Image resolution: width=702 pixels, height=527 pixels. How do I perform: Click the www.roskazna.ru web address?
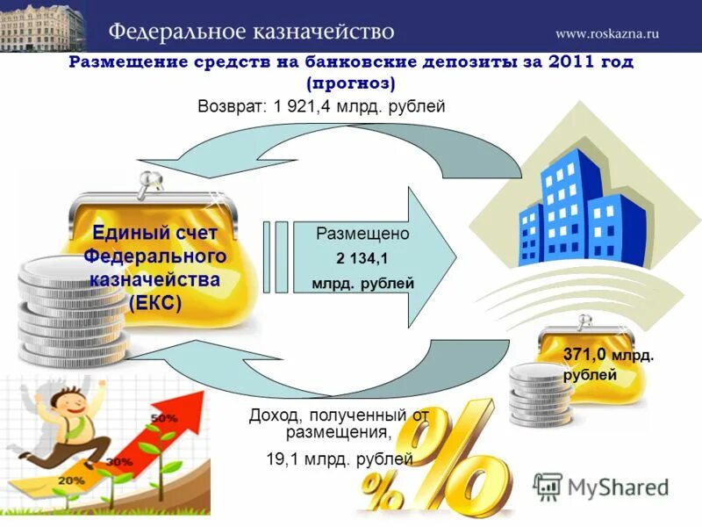coord(606,33)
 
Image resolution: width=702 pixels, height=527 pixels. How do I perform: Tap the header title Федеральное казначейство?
coord(251,32)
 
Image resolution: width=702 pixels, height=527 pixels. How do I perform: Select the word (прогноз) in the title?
coord(351,83)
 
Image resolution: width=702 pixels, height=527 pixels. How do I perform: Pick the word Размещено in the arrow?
coord(362,235)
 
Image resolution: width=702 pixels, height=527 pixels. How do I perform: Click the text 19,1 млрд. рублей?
coord(340,458)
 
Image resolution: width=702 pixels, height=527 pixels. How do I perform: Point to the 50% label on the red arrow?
coord(163,418)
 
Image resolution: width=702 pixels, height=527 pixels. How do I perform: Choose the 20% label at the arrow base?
coord(73,480)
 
